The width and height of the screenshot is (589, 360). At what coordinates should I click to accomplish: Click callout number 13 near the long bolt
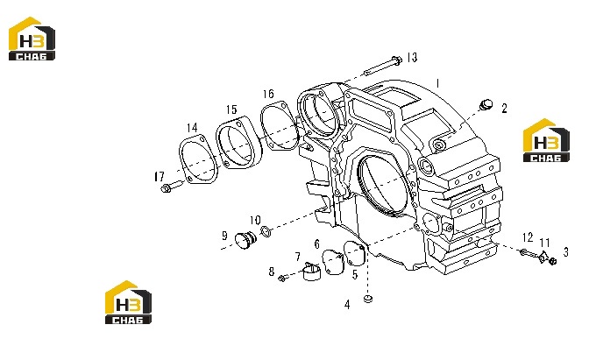(412, 58)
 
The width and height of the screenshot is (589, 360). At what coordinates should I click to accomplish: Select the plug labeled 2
(486, 105)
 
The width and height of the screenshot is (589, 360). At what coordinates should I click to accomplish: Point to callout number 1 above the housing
(437, 83)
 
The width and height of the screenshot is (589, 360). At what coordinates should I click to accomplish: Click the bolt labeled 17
(172, 187)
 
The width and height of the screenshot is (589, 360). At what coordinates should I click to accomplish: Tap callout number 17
(160, 176)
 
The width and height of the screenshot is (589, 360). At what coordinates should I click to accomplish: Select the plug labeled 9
(245, 239)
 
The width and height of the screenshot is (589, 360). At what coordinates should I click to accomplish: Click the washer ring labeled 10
(266, 231)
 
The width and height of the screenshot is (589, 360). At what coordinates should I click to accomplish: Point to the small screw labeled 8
(284, 278)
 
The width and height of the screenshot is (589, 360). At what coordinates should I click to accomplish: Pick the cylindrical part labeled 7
(311, 271)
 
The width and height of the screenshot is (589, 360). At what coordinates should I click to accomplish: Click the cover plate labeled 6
(333, 262)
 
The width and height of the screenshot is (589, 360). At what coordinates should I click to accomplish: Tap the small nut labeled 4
(368, 299)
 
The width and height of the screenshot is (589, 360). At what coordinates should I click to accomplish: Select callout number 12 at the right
(528, 237)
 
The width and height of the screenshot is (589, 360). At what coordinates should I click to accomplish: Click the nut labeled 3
(552, 261)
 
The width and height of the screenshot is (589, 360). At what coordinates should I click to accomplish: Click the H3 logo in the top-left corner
(32, 39)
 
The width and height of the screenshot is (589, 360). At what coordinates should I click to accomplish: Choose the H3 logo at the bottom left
(128, 302)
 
